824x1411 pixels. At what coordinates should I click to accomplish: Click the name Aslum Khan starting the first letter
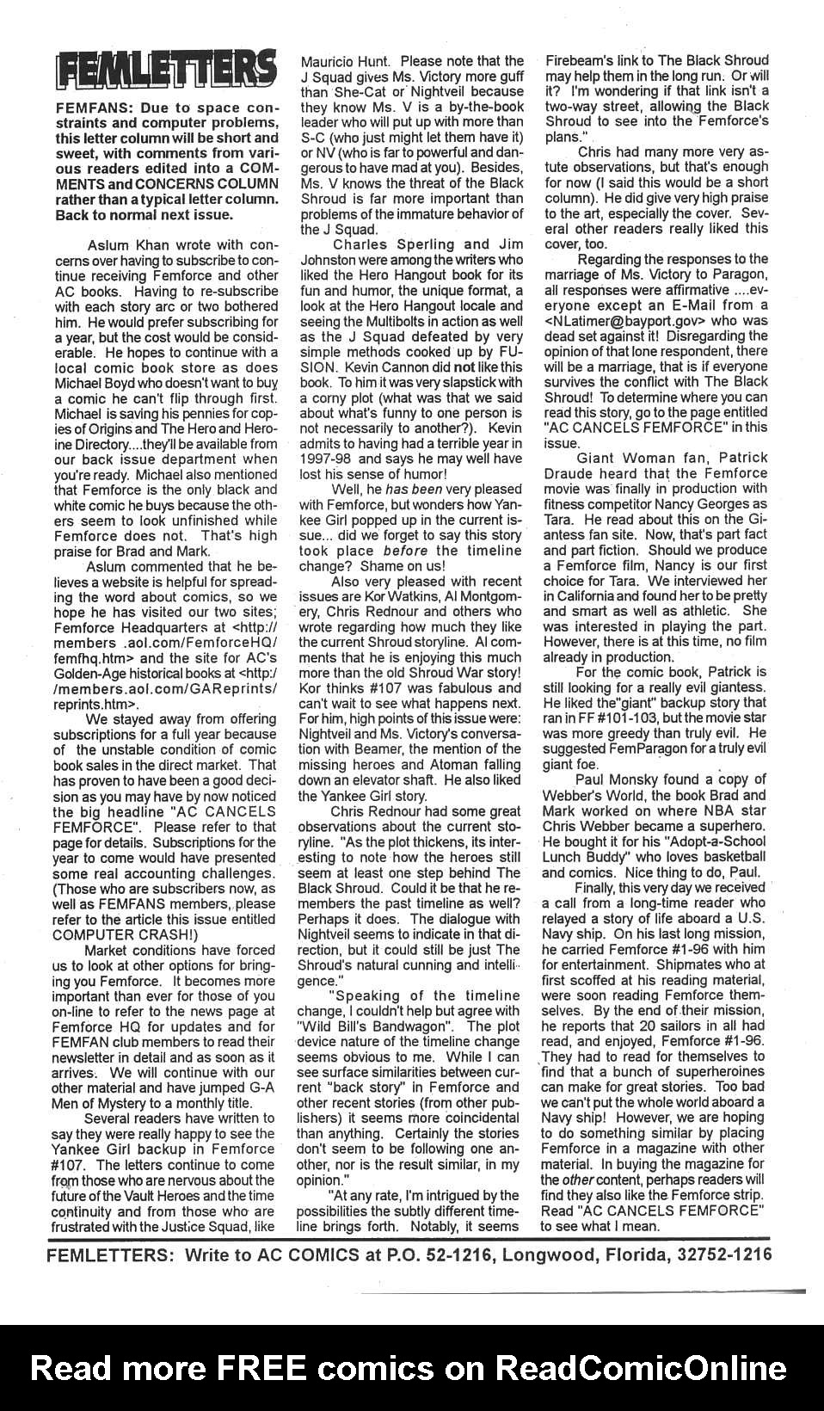pos(126,245)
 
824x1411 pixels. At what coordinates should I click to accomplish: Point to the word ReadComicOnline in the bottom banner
pos(642,1368)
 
